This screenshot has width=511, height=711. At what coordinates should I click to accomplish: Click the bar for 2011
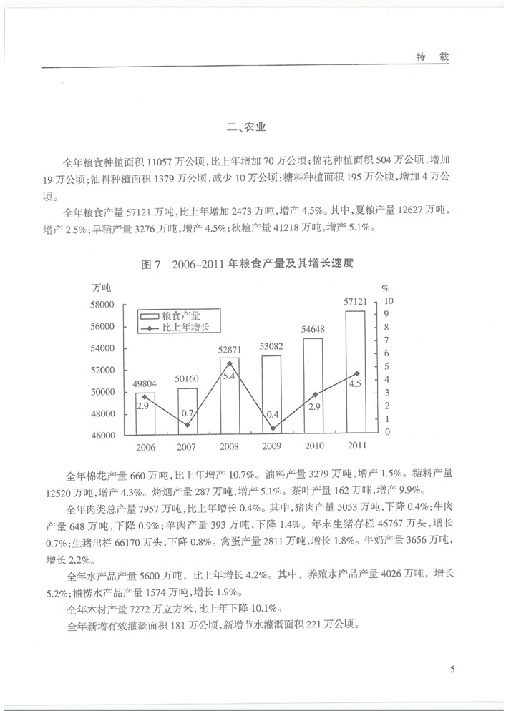tap(355, 372)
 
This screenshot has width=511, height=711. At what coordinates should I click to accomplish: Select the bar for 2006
tap(145, 413)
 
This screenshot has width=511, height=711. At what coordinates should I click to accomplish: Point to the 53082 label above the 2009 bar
tap(272, 348)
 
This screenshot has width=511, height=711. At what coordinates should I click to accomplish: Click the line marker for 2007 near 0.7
tap(188, 425)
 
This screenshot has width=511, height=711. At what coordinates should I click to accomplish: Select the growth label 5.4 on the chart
tap(229, 376)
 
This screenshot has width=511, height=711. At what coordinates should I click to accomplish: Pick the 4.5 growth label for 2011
tap(355, 384)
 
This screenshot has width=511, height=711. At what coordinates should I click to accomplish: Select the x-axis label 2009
tap(271, 446)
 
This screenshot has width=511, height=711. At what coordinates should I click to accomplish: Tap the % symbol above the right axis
tap(385, 288)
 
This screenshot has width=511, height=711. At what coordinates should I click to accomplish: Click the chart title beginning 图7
tap(249, 264)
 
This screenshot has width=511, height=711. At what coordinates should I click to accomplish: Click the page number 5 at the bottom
tap(453, 670)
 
